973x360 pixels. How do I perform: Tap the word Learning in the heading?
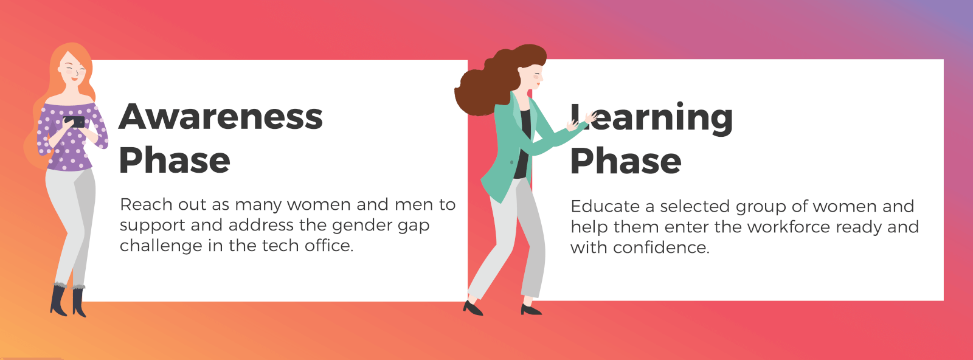click(651, 118)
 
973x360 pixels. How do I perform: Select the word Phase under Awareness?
click(174, 161)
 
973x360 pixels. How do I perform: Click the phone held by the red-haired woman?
click(75, 122)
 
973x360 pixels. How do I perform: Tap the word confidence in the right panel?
click(662, 247)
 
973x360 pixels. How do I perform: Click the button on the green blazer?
click(511, 162)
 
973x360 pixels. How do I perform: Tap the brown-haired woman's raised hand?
click(590, 117)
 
